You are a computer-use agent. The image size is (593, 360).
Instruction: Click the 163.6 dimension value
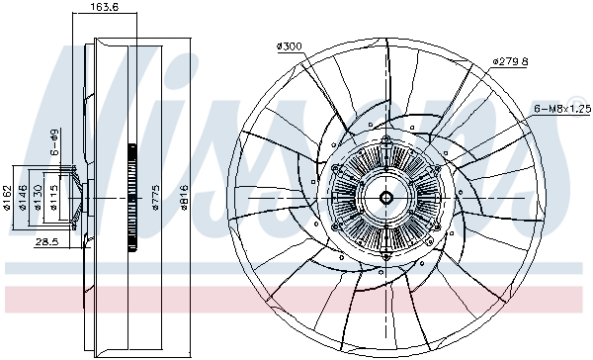(x=105, y=7)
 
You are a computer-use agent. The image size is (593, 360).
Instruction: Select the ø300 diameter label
(x=290, y=46)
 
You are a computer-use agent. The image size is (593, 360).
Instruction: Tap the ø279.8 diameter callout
(x=510, y=61)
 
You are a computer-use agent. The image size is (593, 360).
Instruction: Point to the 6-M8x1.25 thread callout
(x=562, y=109)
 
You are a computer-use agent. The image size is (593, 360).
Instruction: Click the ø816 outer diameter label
(x=184, y=197)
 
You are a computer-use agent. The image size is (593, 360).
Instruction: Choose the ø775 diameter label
(x=155, y=197)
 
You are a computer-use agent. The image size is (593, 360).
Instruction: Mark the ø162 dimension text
(x=6, y=197)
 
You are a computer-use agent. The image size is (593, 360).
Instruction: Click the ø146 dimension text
(x=23, y=197)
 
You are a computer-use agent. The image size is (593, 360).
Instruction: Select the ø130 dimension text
(x=38, y=197)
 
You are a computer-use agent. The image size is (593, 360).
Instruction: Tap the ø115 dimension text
(x=53, y=197)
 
